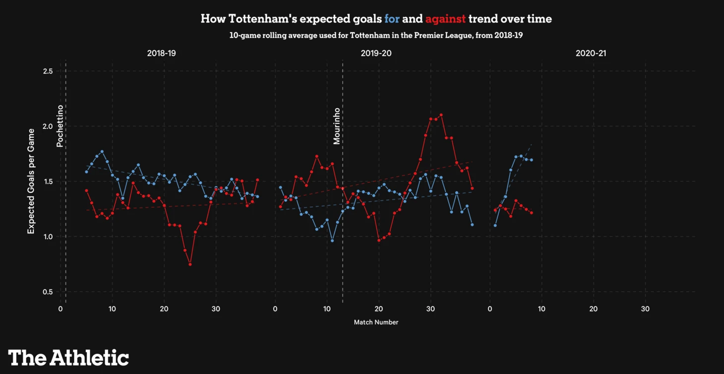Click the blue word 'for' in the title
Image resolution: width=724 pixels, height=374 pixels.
click(x=392, y=19)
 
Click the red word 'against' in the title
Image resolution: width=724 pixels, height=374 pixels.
click(x=445, y=19)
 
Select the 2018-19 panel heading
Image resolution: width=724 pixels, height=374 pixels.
click(x=161, y=53)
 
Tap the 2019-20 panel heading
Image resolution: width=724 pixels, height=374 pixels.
click(x=376, y=53)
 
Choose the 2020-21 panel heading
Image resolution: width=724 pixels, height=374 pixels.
click(x=591, y=53)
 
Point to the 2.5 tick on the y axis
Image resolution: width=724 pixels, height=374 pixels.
click(x=48, y=71)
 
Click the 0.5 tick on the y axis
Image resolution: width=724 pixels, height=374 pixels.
click(x=48, y=292)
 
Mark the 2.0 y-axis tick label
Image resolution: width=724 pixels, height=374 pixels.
click(x=48, y=126)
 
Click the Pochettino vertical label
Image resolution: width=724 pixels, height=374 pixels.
click(x=60, y=126)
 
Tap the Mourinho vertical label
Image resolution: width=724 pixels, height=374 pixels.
click(x=337, y=126)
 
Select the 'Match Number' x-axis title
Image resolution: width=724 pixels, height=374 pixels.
click(x=376, y=322)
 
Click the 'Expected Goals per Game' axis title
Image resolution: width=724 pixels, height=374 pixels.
click(x=31, y=181)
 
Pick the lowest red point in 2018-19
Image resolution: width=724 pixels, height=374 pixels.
click(x=190, y=264)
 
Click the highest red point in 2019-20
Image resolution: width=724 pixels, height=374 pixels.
click(x=441, y=115)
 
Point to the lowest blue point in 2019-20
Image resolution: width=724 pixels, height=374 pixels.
click(x=332, y=241)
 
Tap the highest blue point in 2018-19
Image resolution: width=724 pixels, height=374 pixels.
click(x=102, y=151)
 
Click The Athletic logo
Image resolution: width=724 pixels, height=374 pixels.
click(x=68, y=358)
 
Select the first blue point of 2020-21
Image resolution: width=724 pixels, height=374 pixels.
click(x=495, y=225)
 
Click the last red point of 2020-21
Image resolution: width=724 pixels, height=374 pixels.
click(x=532, y=213)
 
